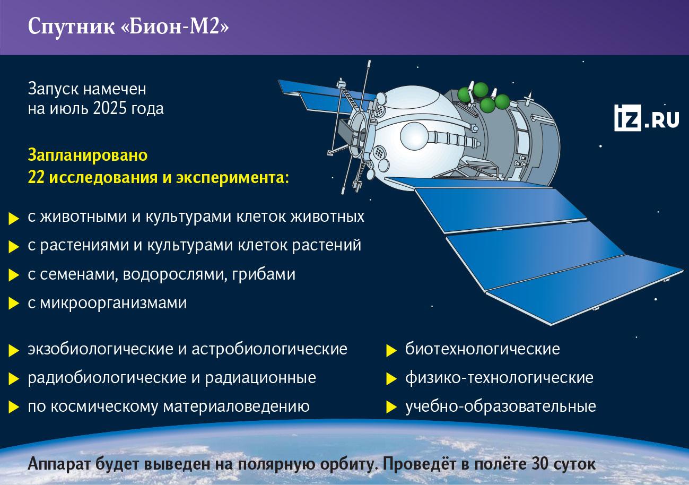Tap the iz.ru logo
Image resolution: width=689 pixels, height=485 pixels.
point(647,118)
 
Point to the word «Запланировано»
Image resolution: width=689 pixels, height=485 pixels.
point(88,155)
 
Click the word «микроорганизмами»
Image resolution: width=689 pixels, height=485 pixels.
point(113,303)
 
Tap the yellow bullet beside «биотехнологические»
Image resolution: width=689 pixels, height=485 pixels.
point(391,351)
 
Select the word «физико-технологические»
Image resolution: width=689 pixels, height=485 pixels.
point(499,378)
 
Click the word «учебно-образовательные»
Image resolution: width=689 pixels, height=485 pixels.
point(501,406)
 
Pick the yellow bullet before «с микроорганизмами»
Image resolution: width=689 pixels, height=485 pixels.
point(14,304)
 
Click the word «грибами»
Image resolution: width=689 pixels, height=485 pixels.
point(264,274)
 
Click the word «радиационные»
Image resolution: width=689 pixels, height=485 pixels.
point(260,378)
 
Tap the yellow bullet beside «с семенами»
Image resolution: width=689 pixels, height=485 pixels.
point(14,275)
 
